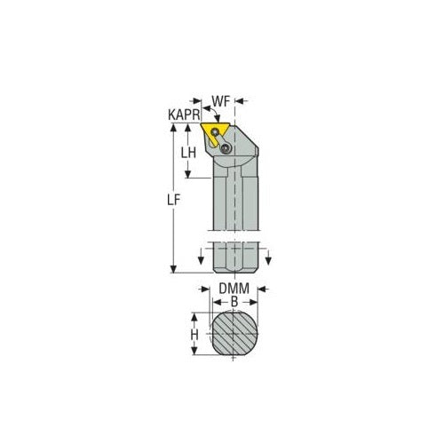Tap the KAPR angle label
pos(181,115)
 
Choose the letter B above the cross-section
pos(234,303)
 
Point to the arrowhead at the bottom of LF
pos(174,269)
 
